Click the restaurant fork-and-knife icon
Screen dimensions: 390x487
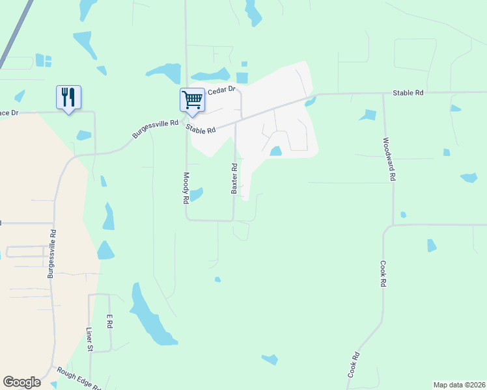[x=68, y=97]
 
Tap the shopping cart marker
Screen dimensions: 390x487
[x=192, y=100]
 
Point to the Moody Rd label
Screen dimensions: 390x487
[x=186, y=188]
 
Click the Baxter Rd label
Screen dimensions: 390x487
[x=234, y=178]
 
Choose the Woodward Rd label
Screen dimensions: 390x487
[x=389, y=159]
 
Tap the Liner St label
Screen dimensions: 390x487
[x=90, y=339]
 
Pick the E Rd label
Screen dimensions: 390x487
[x=110, y=320]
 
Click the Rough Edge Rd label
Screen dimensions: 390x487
[x=79, y=378]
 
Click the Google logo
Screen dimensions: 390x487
[x=21, y=382]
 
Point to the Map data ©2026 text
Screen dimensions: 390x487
[x=458, y=385]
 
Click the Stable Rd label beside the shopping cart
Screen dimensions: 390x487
[x=201, y=129]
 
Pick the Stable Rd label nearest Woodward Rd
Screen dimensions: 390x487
[x=408, y=94]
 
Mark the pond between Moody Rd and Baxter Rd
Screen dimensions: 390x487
[x=196, y=194]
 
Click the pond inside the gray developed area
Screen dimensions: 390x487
[x=275, y=151]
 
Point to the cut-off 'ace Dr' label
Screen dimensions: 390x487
[x=10, y=112]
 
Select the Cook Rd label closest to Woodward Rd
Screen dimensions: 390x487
[x=383, y=274]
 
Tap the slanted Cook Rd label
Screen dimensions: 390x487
[x=354, y=366]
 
